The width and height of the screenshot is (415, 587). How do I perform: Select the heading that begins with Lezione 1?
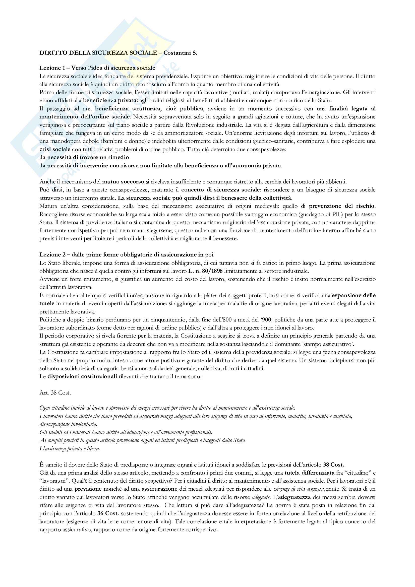click(x=97, y=68)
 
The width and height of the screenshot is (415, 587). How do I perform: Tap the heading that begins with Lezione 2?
click(x=126, y=255)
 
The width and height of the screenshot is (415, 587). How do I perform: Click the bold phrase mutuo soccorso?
click(x=123, y=182)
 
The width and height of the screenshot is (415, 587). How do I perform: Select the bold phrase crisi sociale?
click(x=55, y=149)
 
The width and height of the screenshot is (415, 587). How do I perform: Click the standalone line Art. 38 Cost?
click(x=55, y=393)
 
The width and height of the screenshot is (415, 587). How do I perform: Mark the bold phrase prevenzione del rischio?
click(x=342, y=206)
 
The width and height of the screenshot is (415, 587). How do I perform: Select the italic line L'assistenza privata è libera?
click(x=70, y=448)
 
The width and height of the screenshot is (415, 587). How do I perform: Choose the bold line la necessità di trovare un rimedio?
click(x=85, y=157)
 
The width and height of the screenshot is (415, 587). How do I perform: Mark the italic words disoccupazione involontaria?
click(x=68, y=424)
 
